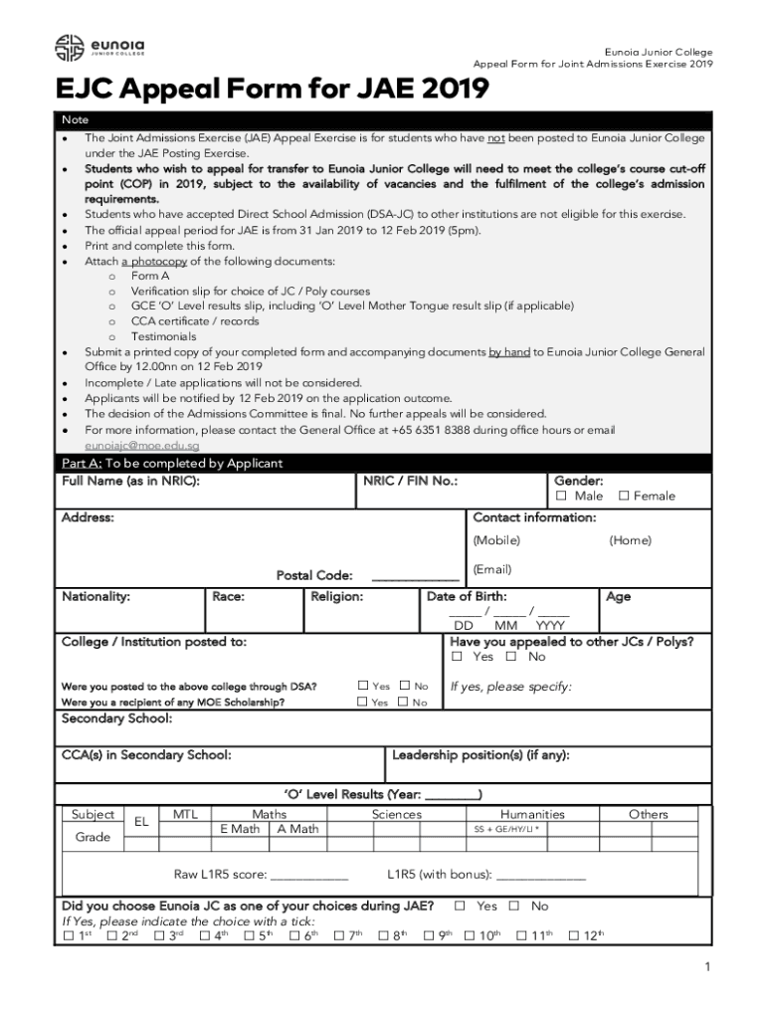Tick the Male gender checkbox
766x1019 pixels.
coord(561,496)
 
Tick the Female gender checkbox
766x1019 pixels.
coord(624,496)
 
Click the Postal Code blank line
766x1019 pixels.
coord(415,576)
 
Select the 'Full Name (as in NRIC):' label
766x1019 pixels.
coord(130,481)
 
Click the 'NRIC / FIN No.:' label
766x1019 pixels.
coord(410,481)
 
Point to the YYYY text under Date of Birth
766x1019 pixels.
coord(550,626)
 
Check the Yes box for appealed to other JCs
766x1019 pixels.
coord(458,657)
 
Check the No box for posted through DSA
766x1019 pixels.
coord(404,686)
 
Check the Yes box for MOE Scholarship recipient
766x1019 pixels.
coord(362,703)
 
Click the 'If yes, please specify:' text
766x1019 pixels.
coord(510,687)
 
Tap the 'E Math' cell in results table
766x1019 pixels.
coord(240,829)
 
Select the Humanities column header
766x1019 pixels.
coord(531,814)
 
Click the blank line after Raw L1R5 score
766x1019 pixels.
coord(309,876)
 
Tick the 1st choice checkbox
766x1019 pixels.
coord(68,935)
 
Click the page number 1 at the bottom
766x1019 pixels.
coord(705,967)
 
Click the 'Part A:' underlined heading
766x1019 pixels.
coord(81,463)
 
